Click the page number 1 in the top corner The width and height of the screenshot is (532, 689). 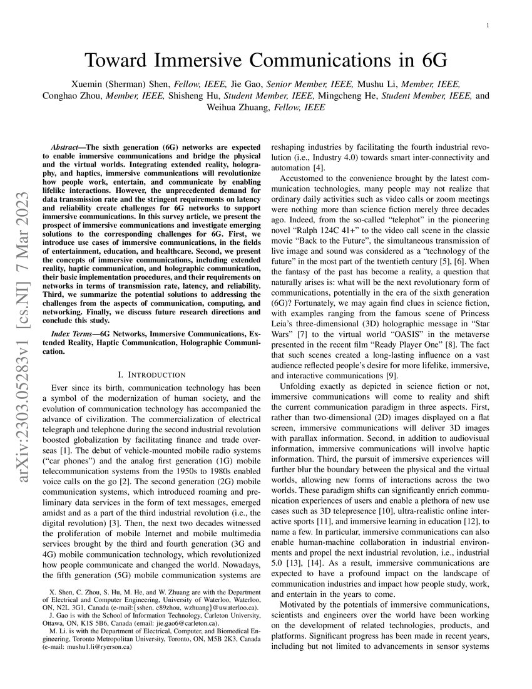tap(487, 26)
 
